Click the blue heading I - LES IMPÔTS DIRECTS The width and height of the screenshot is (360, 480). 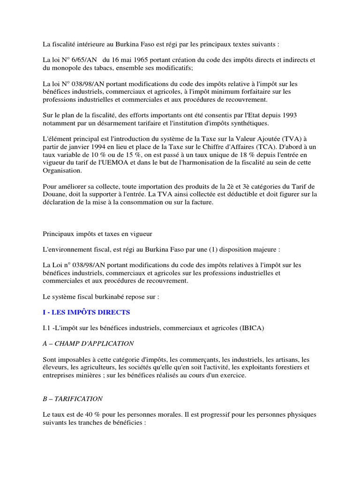(86, 312)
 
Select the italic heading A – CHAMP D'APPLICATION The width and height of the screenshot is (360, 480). (88, 344)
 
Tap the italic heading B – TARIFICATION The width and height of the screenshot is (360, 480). (73, 399)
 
